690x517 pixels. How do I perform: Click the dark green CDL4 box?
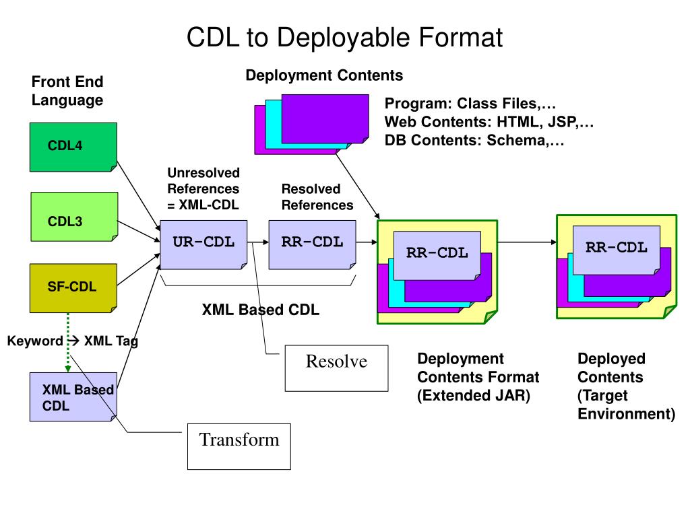tap(73, 147)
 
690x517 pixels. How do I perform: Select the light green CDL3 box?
tap(74, 217)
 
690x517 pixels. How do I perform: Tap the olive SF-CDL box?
tap(73, 288)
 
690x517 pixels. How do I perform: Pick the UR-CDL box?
tap(203, 244)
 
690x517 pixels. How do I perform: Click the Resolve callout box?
tap(337, 368)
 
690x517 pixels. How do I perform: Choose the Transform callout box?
tap(239, 446)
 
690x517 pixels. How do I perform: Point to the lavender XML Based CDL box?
tap(73, 397)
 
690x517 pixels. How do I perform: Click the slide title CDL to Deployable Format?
tap(344, 37)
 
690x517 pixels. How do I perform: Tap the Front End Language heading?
tap(67, 91)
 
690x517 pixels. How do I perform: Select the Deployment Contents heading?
tap(324, 75)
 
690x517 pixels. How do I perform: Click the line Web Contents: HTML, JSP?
tap(489, 122)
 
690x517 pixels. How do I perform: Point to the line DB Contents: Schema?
tap(474, 140)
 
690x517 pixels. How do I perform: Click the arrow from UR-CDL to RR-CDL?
tap(258, 242)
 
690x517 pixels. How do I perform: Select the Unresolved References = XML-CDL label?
tap(203, 188)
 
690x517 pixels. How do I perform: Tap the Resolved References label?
tap(317, 197)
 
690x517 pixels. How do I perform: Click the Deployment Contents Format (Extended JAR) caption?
tap(478, 377)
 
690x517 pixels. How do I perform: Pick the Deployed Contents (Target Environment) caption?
tap(626, 386)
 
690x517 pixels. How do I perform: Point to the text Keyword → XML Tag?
tap(73, 341)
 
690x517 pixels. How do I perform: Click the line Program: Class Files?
tap(470, 103)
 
